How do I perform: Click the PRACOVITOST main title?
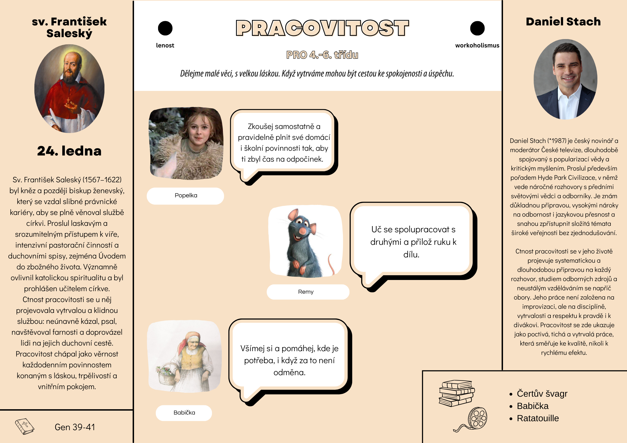click(322, 28)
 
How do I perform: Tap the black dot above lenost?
click(165, 28)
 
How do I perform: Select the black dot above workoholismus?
click(477, 28)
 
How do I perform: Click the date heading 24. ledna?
click(69, 151)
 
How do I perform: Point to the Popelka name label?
click(185, 196)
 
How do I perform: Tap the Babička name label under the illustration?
click(184, 413)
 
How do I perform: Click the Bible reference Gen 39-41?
click(75, 427)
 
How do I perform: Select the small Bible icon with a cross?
click(25, 426)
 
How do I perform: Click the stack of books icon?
click(456, 393)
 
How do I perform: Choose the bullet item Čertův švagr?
click(542, 394)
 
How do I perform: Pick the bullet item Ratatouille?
click(538, 418)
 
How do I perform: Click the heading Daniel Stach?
click(563, 22)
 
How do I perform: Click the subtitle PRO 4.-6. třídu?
click(322, 55)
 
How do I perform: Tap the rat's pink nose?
click(303, 231)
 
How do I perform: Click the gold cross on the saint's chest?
click(68, 100)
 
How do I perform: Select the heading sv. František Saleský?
click(69, 27)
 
